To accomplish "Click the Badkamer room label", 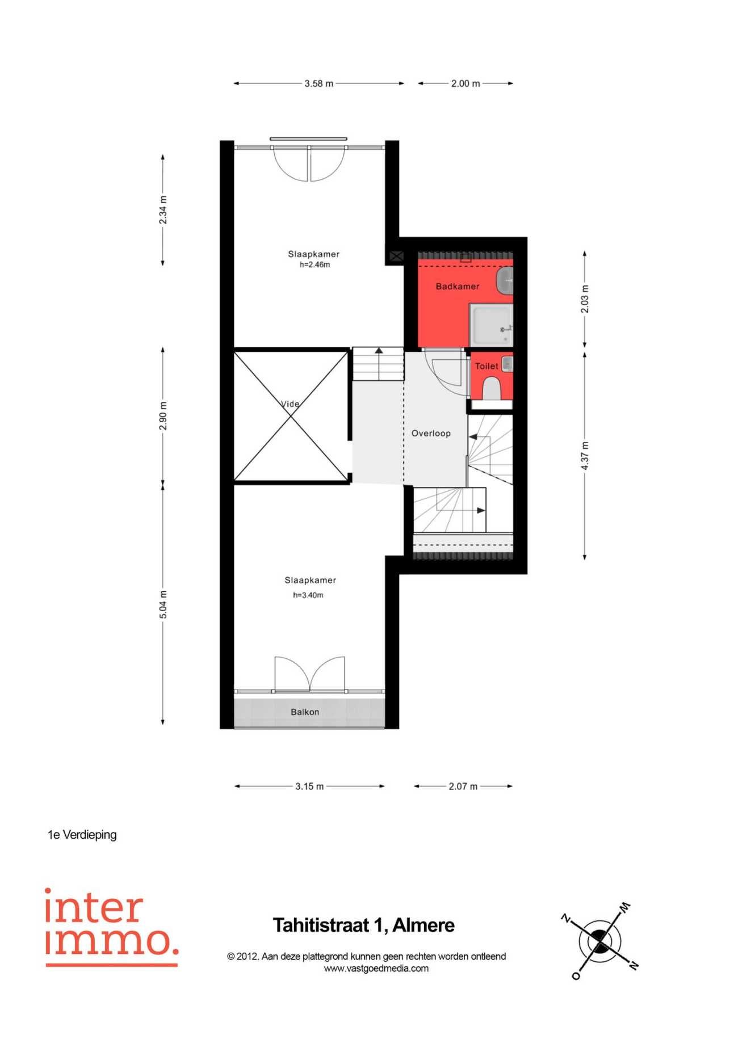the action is [457, 287].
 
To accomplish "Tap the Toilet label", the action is [487, 366].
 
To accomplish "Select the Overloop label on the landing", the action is [431, 434].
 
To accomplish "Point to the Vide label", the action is [290, 404].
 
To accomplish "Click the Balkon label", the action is [305, 712].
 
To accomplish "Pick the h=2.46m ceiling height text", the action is [315, 264].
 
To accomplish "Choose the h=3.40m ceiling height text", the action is [308, 595].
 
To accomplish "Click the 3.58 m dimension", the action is [319, 83].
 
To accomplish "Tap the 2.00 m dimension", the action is [466, 83].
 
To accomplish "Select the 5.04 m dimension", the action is [163, 605].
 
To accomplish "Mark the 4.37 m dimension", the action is [585, 456].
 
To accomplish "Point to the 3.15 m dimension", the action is [309, 787].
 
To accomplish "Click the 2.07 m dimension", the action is [463, 787].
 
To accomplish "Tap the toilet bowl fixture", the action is [492, 389].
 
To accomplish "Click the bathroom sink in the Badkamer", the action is [505, 281].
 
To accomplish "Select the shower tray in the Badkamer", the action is [492, 324].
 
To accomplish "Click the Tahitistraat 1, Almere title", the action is [364, 926].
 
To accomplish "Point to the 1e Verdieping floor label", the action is [82, 835].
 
